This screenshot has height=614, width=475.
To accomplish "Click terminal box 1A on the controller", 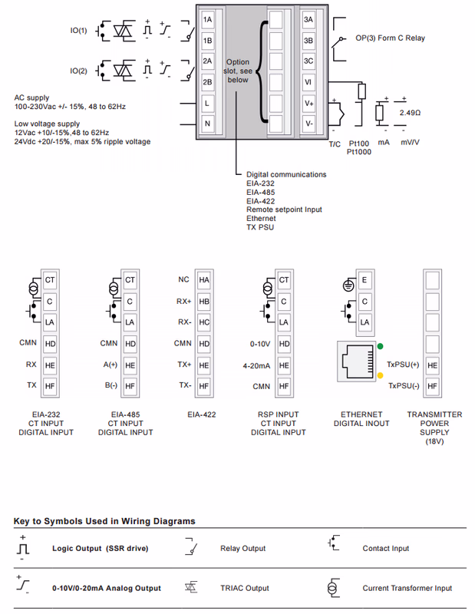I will point(207,19).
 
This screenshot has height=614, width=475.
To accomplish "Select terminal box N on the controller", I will point(207,123).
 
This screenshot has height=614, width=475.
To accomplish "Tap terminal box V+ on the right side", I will point(308,102).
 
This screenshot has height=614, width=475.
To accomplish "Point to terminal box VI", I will point(308,81).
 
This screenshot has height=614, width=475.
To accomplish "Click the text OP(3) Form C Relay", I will point(390,38).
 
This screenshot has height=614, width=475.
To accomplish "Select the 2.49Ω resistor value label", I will point(411,112).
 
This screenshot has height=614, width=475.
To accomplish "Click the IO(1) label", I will point(78,31).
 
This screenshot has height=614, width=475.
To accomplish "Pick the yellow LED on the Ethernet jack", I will point(380,375).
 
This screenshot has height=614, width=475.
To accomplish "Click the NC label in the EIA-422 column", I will point(183,280).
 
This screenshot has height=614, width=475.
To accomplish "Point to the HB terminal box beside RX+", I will point(204,302).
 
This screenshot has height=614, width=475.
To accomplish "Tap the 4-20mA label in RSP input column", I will point(256,365).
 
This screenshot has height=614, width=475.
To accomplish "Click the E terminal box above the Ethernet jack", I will point(364,281).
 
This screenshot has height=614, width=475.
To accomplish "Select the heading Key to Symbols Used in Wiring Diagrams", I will point(104,521).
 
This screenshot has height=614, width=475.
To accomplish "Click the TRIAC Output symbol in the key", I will point(192,588).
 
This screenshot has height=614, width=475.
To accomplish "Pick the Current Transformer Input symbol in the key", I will point(332,588).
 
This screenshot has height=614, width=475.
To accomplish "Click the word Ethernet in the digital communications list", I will point(261,218).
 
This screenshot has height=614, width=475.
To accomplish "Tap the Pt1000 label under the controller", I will point(358,152).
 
